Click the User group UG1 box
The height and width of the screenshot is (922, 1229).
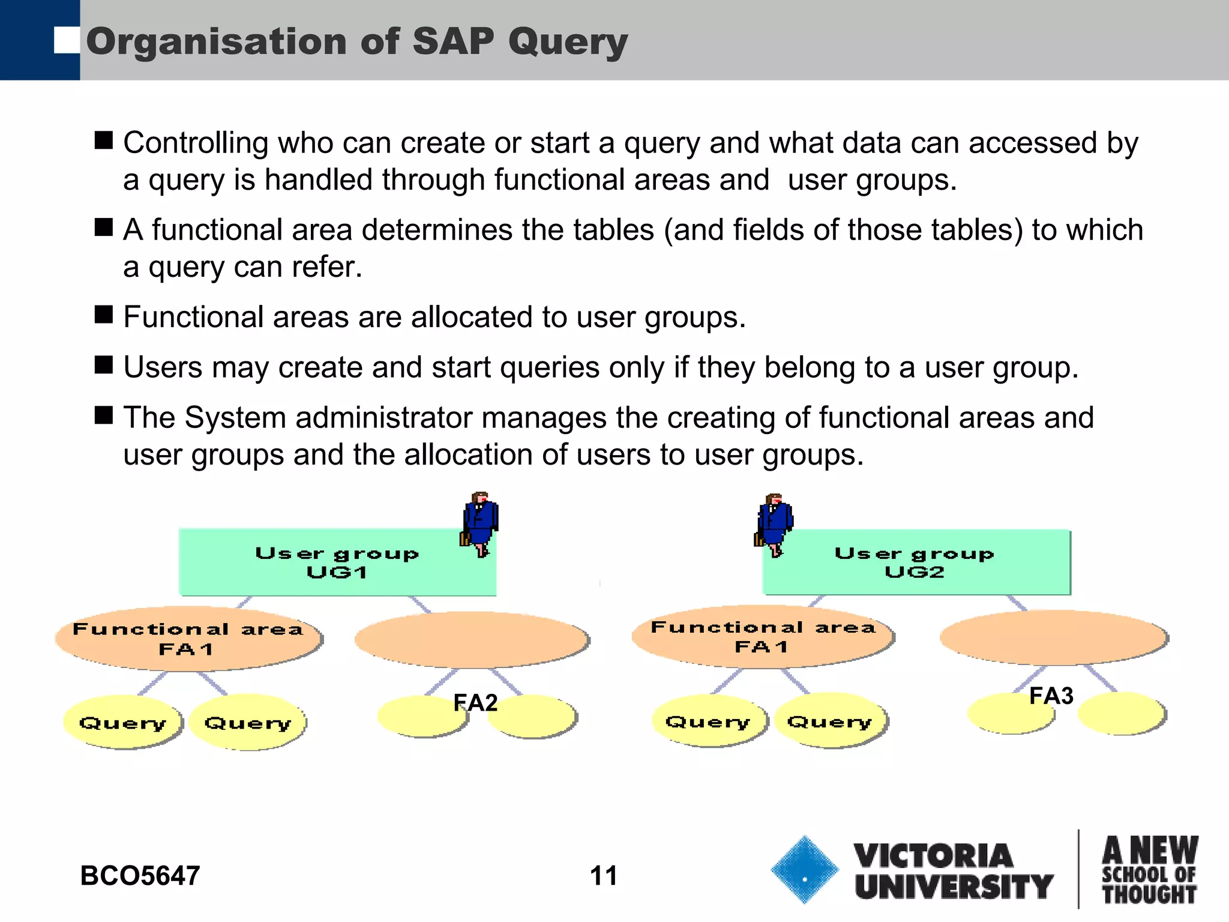coord(337,562)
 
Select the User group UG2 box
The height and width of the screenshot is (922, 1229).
coord(916,562)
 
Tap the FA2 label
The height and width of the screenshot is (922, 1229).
coord(475,702)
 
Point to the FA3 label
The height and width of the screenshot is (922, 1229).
coord(1051,696)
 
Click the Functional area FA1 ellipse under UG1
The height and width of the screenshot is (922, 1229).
coord(188,639)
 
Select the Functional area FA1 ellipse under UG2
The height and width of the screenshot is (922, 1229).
coord(762,636)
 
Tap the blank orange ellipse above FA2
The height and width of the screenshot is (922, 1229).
coord(472,639)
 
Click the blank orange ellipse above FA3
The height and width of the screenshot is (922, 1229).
coord(1053,637)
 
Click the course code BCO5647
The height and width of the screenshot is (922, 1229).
coord(140,876)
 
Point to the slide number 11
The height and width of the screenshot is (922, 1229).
coord(603,876)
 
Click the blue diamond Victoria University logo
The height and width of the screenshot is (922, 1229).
coord(804,870)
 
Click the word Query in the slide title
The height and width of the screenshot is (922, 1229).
coord(567,42)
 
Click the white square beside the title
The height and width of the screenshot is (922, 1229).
coord(67,41)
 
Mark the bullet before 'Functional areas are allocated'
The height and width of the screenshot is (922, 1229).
coord(104,314)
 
